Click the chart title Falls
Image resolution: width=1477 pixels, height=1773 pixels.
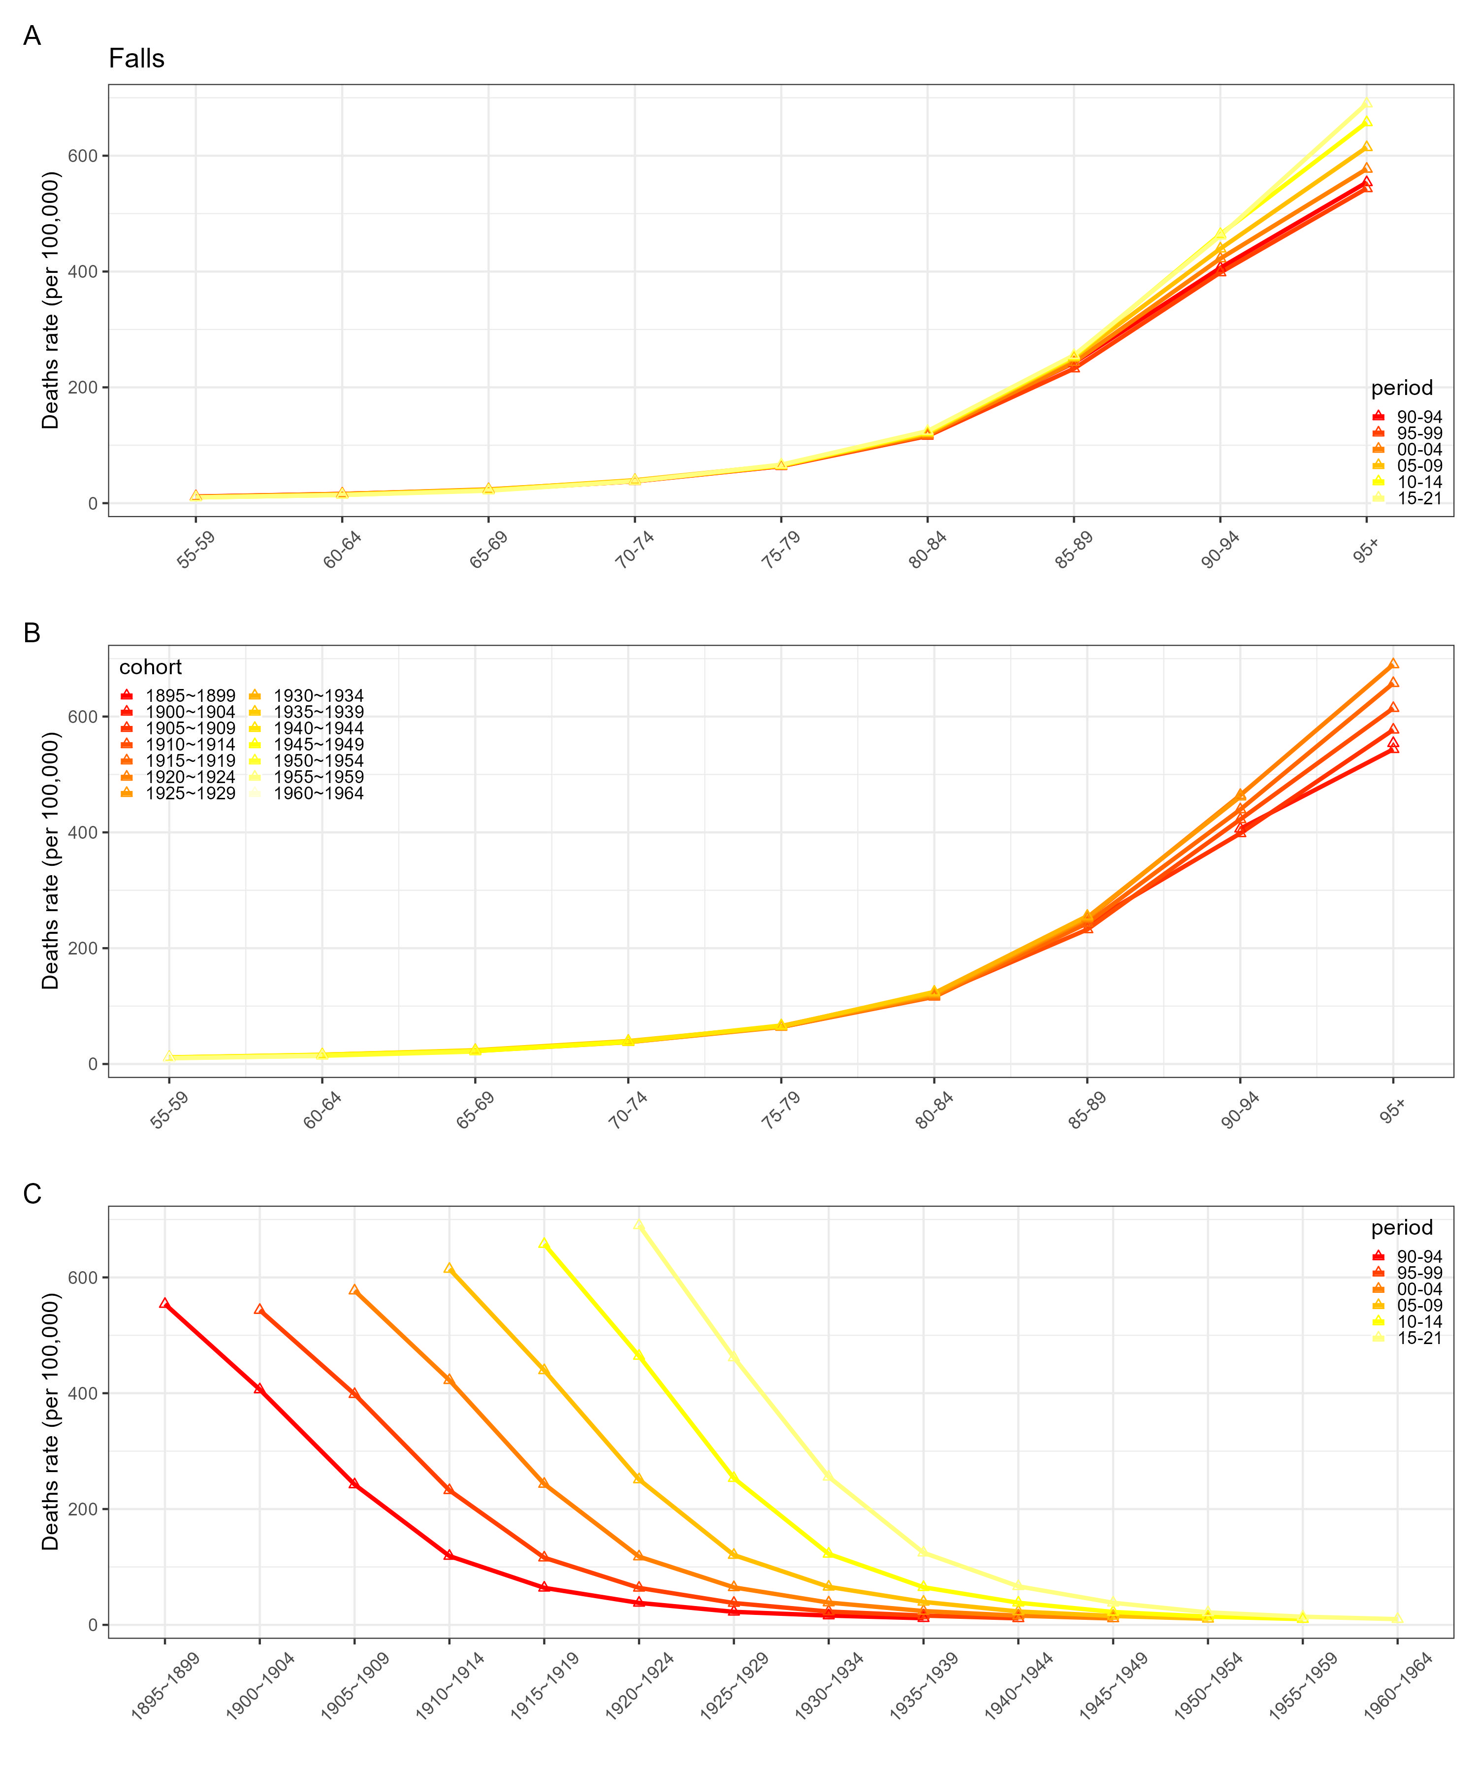pyautogui.click(x=137, y=59)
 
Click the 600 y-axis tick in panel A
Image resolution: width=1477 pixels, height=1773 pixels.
pyautogui.click(x=84, y=156)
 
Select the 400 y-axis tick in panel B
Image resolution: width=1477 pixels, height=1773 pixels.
pyautogui.click(x=84, y=832)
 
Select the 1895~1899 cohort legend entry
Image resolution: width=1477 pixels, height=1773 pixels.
pyautogui.click(x=178, y=696)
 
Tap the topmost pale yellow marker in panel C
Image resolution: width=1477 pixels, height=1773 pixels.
pyautogui.click(x=639, y=1225)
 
